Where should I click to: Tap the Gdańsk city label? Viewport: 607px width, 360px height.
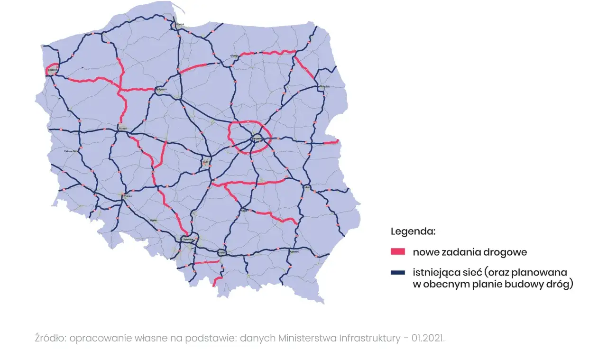tap(180, 24)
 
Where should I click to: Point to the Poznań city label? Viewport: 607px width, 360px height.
tap(122, 128)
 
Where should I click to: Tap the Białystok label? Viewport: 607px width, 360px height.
tap(324, 86)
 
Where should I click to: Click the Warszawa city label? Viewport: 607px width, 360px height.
tap(257, 139)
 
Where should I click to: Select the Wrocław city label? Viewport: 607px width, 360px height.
tap(127, 195)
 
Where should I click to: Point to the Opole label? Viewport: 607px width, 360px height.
tap(153, 220)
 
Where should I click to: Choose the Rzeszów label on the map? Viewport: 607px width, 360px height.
tap(294, 252)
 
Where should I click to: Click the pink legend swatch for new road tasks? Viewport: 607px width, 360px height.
tap(397, 252)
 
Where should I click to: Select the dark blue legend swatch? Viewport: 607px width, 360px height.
tap(397, 272)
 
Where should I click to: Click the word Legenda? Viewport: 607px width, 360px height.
tap(413, 232)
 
